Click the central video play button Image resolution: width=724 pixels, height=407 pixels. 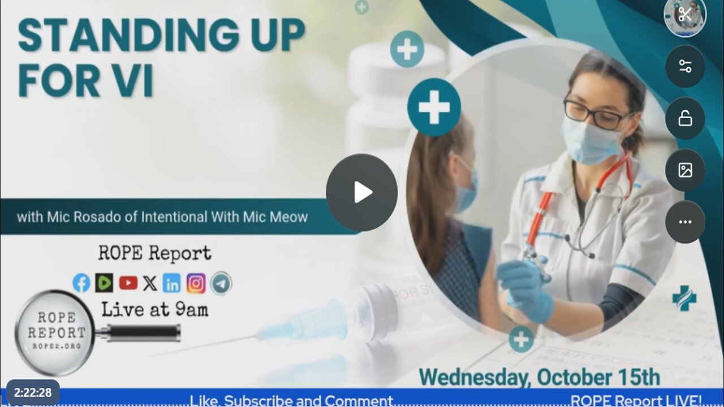[361, 192]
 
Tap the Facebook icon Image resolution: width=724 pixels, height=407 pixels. [81, 283]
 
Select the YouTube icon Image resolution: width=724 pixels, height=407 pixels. [128, 283]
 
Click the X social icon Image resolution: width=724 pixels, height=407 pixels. [150, 283]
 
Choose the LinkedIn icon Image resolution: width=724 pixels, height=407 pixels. [172, 283]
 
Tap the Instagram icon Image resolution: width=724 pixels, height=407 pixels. [196, 283]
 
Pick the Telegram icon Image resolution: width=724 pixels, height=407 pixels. [221, 283]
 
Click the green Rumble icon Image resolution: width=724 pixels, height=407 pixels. [104, 283]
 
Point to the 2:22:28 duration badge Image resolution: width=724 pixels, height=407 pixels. [33, 393]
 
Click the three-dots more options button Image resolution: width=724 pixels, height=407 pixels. [685, 222]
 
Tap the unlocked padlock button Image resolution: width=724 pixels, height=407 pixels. [685, 118]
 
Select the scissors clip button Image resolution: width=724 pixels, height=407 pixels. [685, 15]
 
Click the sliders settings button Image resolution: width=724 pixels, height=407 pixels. [685, 66]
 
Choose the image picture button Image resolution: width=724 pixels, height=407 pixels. [685, 170]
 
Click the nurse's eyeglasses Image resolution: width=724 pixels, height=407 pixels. [597, 115]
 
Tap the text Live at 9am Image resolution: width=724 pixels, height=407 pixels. [154, 310]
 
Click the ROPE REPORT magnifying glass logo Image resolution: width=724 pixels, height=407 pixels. [55, 332]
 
